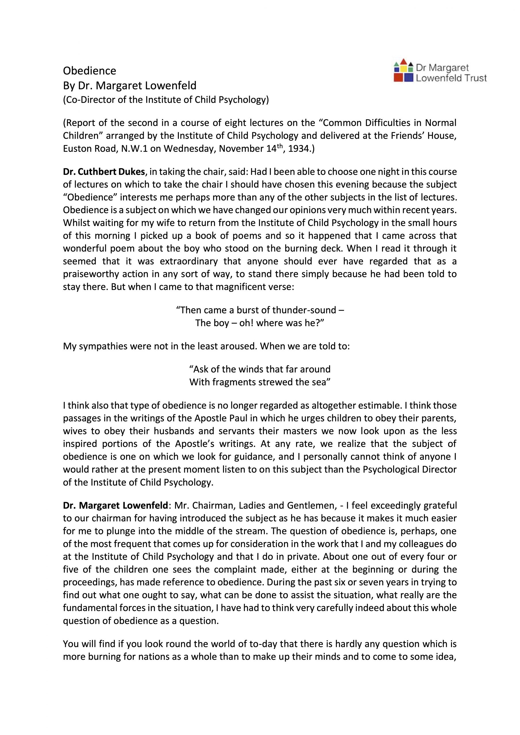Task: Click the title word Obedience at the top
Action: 89,70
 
